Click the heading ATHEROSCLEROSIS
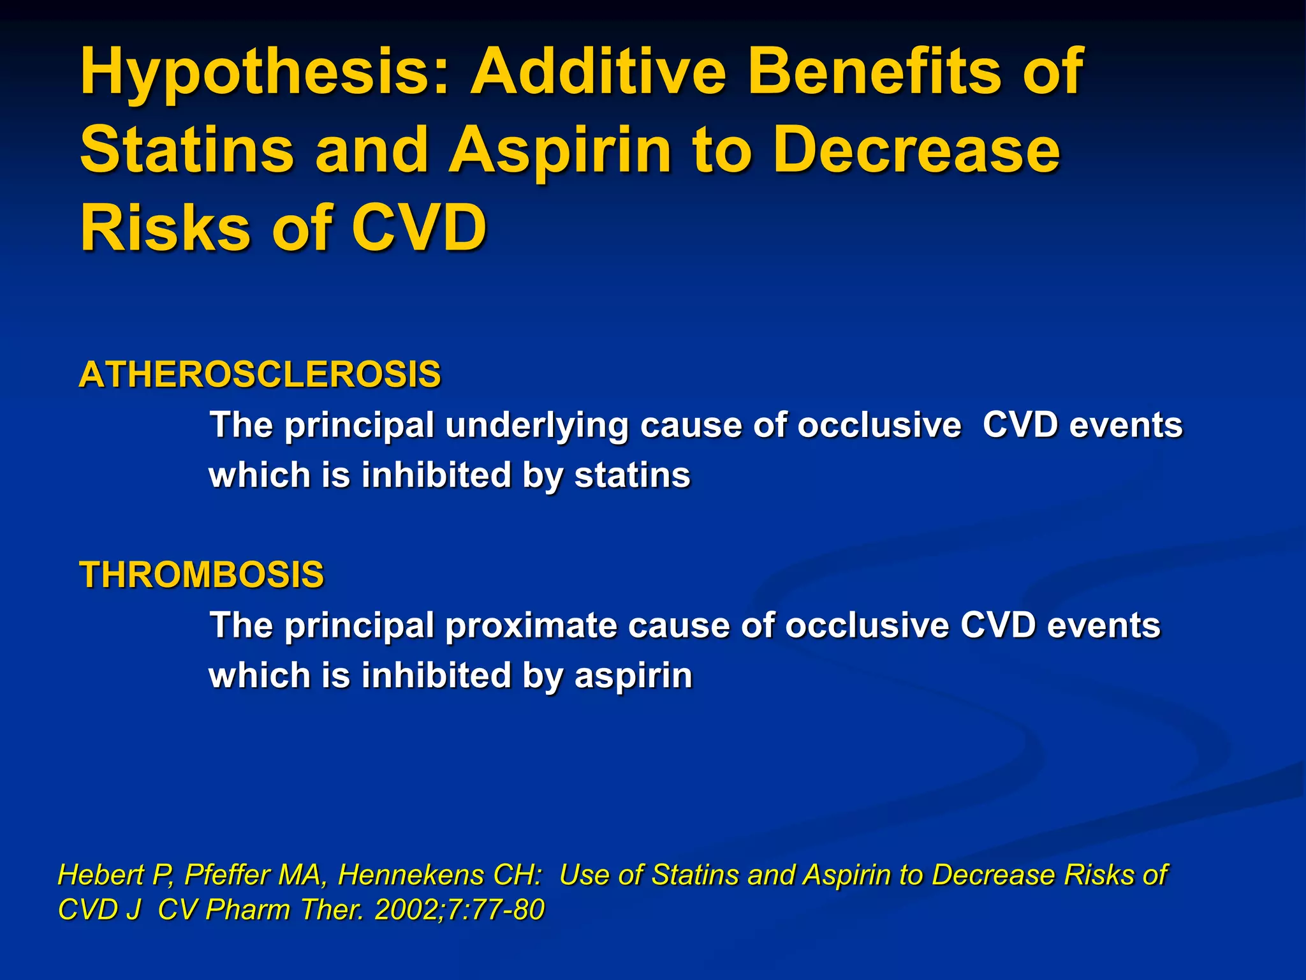point(260,374)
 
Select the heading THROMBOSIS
point(202,574)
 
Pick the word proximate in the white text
point(531,625)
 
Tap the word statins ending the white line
point(632,476)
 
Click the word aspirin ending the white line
point(633,676)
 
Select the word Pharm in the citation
point(248,910)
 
